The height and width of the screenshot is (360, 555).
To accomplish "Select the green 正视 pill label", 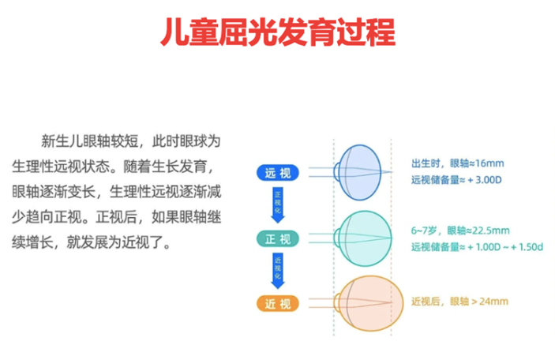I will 277,238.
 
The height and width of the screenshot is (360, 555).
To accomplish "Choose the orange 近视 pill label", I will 277,302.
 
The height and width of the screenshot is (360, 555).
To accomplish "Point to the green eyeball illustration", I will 366,235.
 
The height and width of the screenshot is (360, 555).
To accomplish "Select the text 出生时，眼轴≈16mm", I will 457,163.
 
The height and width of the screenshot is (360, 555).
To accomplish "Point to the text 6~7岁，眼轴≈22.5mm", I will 460,231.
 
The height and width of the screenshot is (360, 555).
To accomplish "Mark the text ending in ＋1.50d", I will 476,247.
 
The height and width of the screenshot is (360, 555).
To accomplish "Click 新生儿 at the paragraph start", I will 60,143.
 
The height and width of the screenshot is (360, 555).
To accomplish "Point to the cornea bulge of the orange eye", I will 337,302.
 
